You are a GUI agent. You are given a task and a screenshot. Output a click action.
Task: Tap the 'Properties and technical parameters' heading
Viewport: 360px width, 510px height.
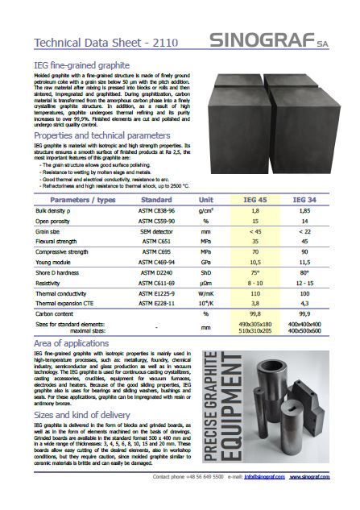(x=102, y=136)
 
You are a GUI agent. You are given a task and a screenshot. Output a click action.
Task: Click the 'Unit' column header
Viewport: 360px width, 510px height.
(x=206, y=199)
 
